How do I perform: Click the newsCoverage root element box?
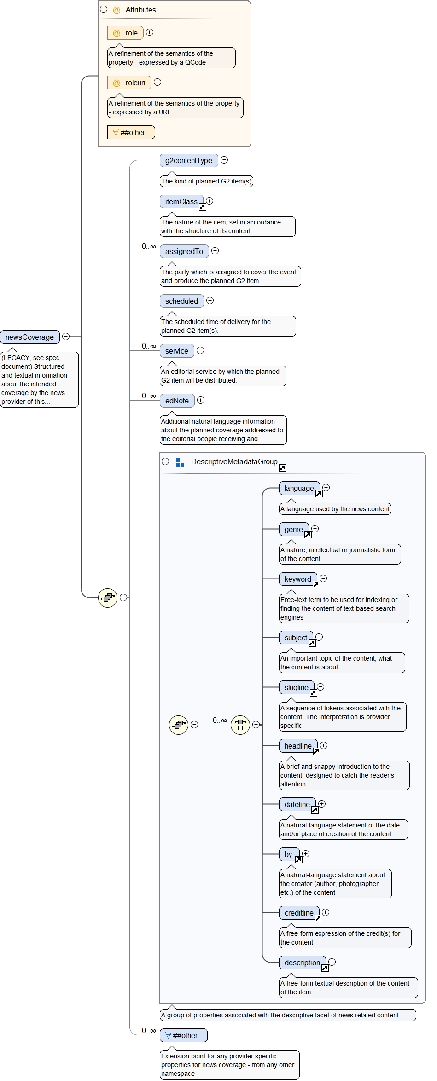(x=30, y=337)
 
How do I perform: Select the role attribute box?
(x=125, y=33)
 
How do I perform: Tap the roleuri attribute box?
(x=129, y=83)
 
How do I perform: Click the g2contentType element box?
(x=188, y=160)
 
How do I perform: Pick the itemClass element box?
(x=181, y=201)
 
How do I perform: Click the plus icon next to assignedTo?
(x=215, y=251)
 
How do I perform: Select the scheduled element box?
(x=181, y=301)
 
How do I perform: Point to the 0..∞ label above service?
(x=149, y=346)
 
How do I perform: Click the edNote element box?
(x=177, y=401)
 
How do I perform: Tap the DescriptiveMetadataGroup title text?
(x=234, y=461)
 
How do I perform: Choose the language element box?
(x=299, y=488)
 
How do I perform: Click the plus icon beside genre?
(x=315, y=529)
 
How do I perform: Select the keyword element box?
(x=297, y=579)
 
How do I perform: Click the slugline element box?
(x=296, y=687)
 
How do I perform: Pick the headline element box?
(x=297, y=746)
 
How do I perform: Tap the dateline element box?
(x=297, y=804)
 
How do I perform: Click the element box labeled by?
(x=288, y=854)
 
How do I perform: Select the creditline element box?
(x=299, y=913)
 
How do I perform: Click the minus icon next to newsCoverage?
(x=66, y=337)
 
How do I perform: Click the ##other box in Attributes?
(x=131, y=132)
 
